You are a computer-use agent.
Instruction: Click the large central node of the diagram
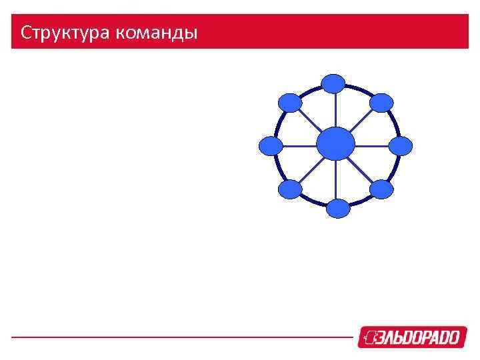tap(335, 144)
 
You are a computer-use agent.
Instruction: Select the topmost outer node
tap(333, 83)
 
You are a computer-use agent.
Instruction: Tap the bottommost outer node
tap(338, 209)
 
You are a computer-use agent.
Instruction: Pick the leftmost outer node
tap(271, 146)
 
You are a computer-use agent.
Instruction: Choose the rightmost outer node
tap(401, 146)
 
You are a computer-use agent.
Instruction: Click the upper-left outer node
tap(290, 102)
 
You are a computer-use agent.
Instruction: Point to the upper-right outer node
tap(381, 102)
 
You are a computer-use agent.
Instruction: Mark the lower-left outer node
tap(290, 190)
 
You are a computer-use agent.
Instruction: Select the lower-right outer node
tap(381, 189)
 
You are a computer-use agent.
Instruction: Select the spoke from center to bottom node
tap(337, 180)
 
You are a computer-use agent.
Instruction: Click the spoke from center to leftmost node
tap(300, 145)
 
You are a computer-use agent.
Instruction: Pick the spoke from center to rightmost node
tap(371, 145)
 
